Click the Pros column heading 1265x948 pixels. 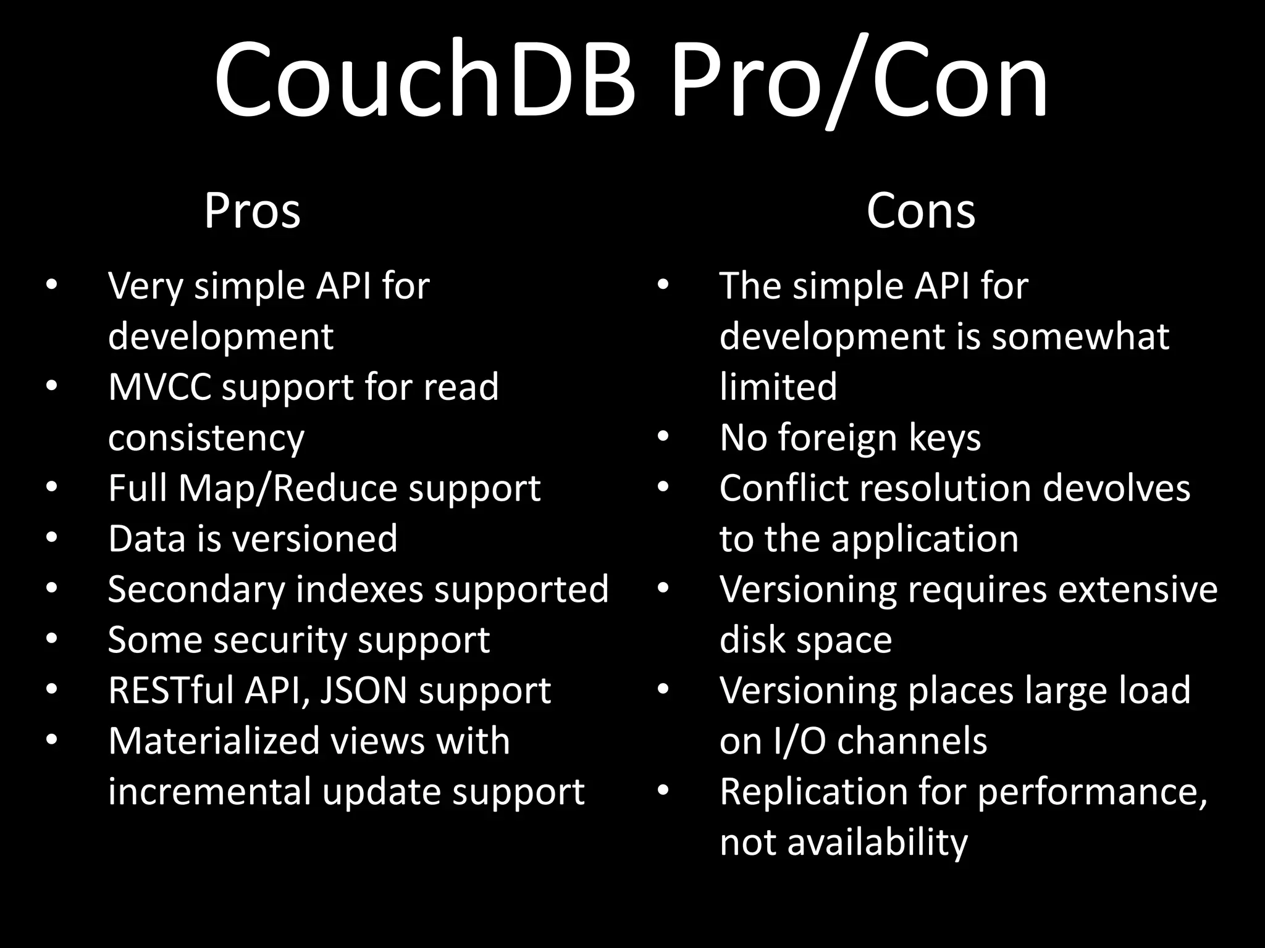(252, 211)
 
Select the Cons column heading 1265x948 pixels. (920, 211)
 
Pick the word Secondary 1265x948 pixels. (196, 589)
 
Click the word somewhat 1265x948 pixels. (1080, 336)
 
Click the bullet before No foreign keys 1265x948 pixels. (663, 436)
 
